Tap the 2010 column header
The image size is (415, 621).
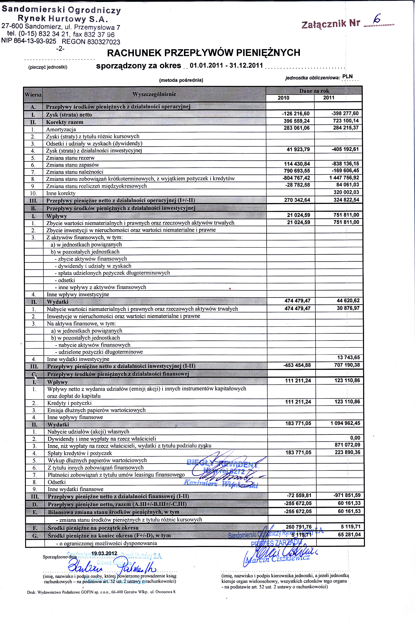[283, 98]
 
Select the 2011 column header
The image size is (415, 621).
[329, 98]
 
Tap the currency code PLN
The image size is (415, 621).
[347, 76]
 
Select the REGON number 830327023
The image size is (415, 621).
[104, 42]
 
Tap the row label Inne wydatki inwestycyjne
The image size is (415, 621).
[78, 359]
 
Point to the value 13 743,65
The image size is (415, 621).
[348, 357]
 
